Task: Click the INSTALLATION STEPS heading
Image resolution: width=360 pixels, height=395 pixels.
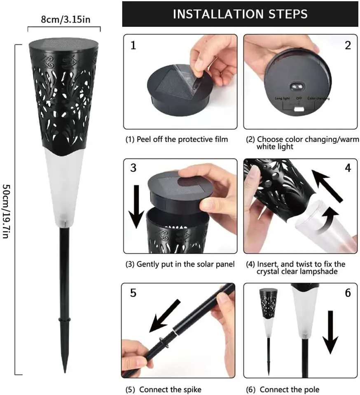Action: (240, 14)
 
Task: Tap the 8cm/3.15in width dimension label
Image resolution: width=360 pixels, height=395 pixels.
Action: (65, 19)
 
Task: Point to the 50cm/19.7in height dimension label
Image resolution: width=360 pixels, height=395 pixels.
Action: (6, 211)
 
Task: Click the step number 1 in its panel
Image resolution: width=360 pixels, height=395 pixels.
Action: (133, 45)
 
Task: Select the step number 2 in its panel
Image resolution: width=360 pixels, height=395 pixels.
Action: (348, 45)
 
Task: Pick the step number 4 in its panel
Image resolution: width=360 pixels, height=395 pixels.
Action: (348, 168)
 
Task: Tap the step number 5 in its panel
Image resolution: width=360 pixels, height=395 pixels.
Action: (133, 293)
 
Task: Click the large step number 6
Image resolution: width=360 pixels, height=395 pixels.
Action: (348, 293)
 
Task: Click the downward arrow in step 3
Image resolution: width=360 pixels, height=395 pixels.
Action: (136, 207)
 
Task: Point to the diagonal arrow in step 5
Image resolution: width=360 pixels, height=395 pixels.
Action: (165, 316)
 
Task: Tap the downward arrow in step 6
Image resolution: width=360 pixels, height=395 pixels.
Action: (330, 332)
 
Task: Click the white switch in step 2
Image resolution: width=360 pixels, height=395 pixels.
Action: (299, 109)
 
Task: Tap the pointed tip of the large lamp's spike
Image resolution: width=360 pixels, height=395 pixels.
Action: (65, 372)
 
